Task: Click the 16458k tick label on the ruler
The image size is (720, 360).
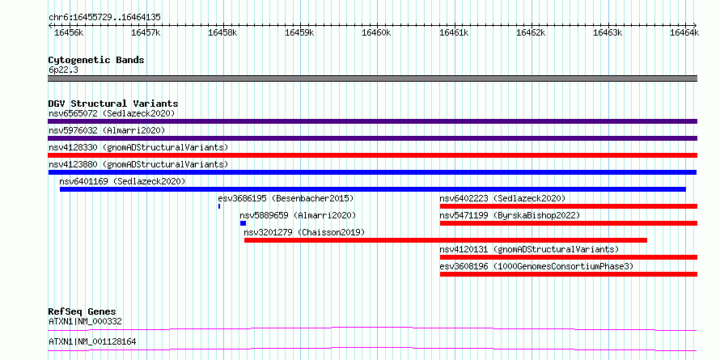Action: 222,32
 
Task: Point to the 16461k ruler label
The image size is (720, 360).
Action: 454,32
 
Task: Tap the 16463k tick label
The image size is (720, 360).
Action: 608,32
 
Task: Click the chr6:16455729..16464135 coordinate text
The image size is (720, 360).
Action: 104,18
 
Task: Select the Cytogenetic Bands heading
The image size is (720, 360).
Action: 96,60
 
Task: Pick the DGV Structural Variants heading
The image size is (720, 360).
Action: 113,104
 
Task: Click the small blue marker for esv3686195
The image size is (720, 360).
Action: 219,206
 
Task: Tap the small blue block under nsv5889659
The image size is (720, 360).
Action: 243,223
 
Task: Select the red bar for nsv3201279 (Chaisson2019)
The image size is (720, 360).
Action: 446,240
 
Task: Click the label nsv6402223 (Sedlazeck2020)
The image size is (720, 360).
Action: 502,198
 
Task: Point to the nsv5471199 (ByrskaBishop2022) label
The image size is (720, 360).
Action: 510,215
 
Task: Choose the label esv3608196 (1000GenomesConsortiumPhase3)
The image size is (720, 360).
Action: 536,266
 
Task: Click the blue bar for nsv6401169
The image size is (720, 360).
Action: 373,189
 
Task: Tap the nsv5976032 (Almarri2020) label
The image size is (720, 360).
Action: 107,130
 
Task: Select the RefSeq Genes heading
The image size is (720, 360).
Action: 83,311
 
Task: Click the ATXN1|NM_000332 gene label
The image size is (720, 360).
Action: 86,321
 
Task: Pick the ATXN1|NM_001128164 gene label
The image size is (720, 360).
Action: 92,342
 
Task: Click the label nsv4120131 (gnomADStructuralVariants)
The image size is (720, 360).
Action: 529,249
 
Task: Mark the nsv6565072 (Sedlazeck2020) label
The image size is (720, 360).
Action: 112,113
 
